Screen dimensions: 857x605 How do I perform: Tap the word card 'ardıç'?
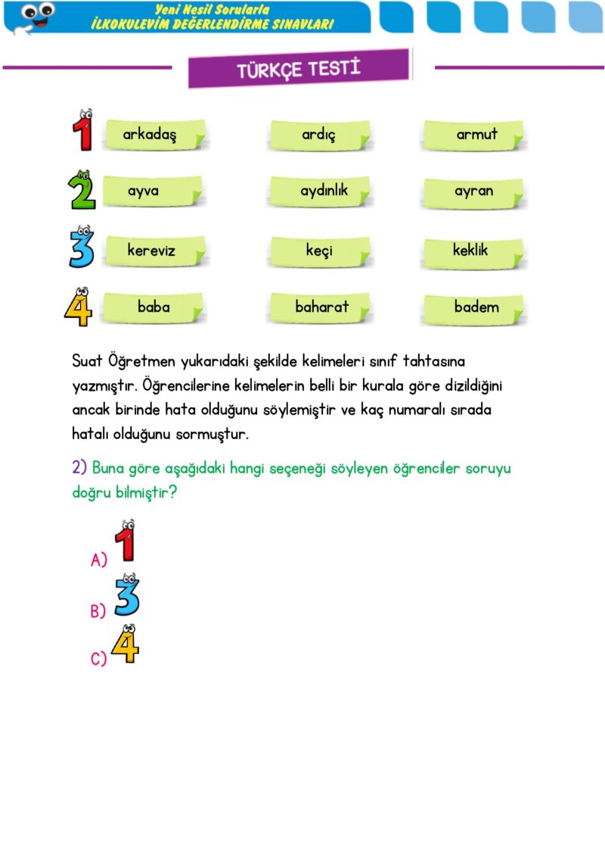318,136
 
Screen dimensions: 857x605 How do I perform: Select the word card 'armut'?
474,136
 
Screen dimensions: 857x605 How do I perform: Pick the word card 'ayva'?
151,192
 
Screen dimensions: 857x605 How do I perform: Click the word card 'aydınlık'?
320,192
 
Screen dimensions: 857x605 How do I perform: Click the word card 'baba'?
154,307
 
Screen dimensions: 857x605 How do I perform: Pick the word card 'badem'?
475,307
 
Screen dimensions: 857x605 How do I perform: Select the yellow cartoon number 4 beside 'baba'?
79,307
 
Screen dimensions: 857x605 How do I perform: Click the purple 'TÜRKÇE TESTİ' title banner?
299,69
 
